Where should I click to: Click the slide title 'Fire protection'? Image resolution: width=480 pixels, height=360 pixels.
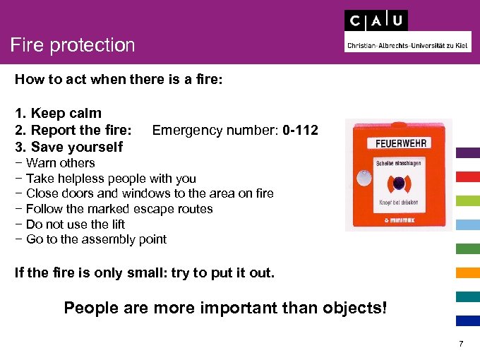tap(73, 45)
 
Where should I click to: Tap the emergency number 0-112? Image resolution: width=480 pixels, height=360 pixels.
tap(299, 131)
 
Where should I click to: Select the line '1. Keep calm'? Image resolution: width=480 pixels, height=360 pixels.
tap(58, 113)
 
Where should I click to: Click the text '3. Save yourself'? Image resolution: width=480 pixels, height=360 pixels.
tap(68, 147)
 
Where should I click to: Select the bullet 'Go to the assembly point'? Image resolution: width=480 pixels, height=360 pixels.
tap(90, 239)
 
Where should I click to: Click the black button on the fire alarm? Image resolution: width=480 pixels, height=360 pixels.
tap(400, 184)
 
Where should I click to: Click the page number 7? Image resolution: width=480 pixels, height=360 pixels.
tap(461, 344)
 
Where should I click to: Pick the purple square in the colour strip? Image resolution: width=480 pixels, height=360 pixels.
tap(468, 152)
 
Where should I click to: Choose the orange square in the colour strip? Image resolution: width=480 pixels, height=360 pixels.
tap(468, 272)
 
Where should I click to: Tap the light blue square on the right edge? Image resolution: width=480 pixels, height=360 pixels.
tap(468, 224)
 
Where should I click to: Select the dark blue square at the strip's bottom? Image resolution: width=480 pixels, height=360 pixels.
tap(468, 320)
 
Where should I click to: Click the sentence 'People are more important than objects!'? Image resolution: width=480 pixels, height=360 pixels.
tap(226, 308)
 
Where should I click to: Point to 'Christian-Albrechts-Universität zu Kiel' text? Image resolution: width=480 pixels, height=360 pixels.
tap(408, 45)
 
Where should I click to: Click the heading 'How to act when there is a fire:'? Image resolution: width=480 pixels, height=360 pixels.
tap(119, 79)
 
